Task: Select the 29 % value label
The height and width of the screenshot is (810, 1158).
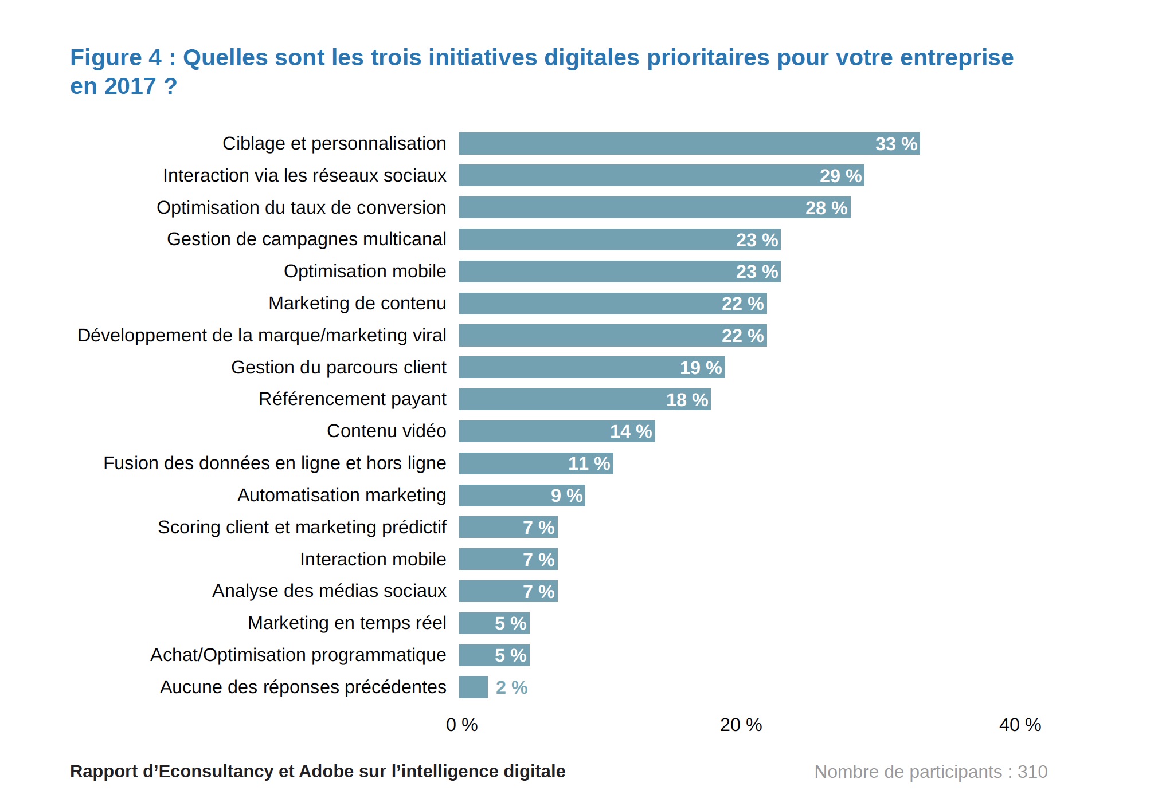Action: coord(840,176)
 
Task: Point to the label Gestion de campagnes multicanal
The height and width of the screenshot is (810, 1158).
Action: coord(306,239)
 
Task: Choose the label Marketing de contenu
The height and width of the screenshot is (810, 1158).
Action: coord(357,304)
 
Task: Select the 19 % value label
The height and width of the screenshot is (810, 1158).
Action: coord(701,368)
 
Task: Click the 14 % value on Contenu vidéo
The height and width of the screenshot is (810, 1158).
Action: coord(631,431)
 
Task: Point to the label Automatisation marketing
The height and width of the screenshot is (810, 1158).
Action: coord(341,496)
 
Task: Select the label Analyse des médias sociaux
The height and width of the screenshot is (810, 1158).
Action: coord(328,591)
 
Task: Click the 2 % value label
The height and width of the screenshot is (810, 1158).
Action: coord(511,687)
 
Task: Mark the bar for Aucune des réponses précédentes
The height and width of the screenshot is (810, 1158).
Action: coord(473,687)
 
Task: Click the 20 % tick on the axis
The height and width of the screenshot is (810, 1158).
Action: coord(741,725)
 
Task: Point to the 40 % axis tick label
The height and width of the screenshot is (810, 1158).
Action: coord(1020,725)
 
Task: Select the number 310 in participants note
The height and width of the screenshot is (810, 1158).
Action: coord(1032,772)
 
